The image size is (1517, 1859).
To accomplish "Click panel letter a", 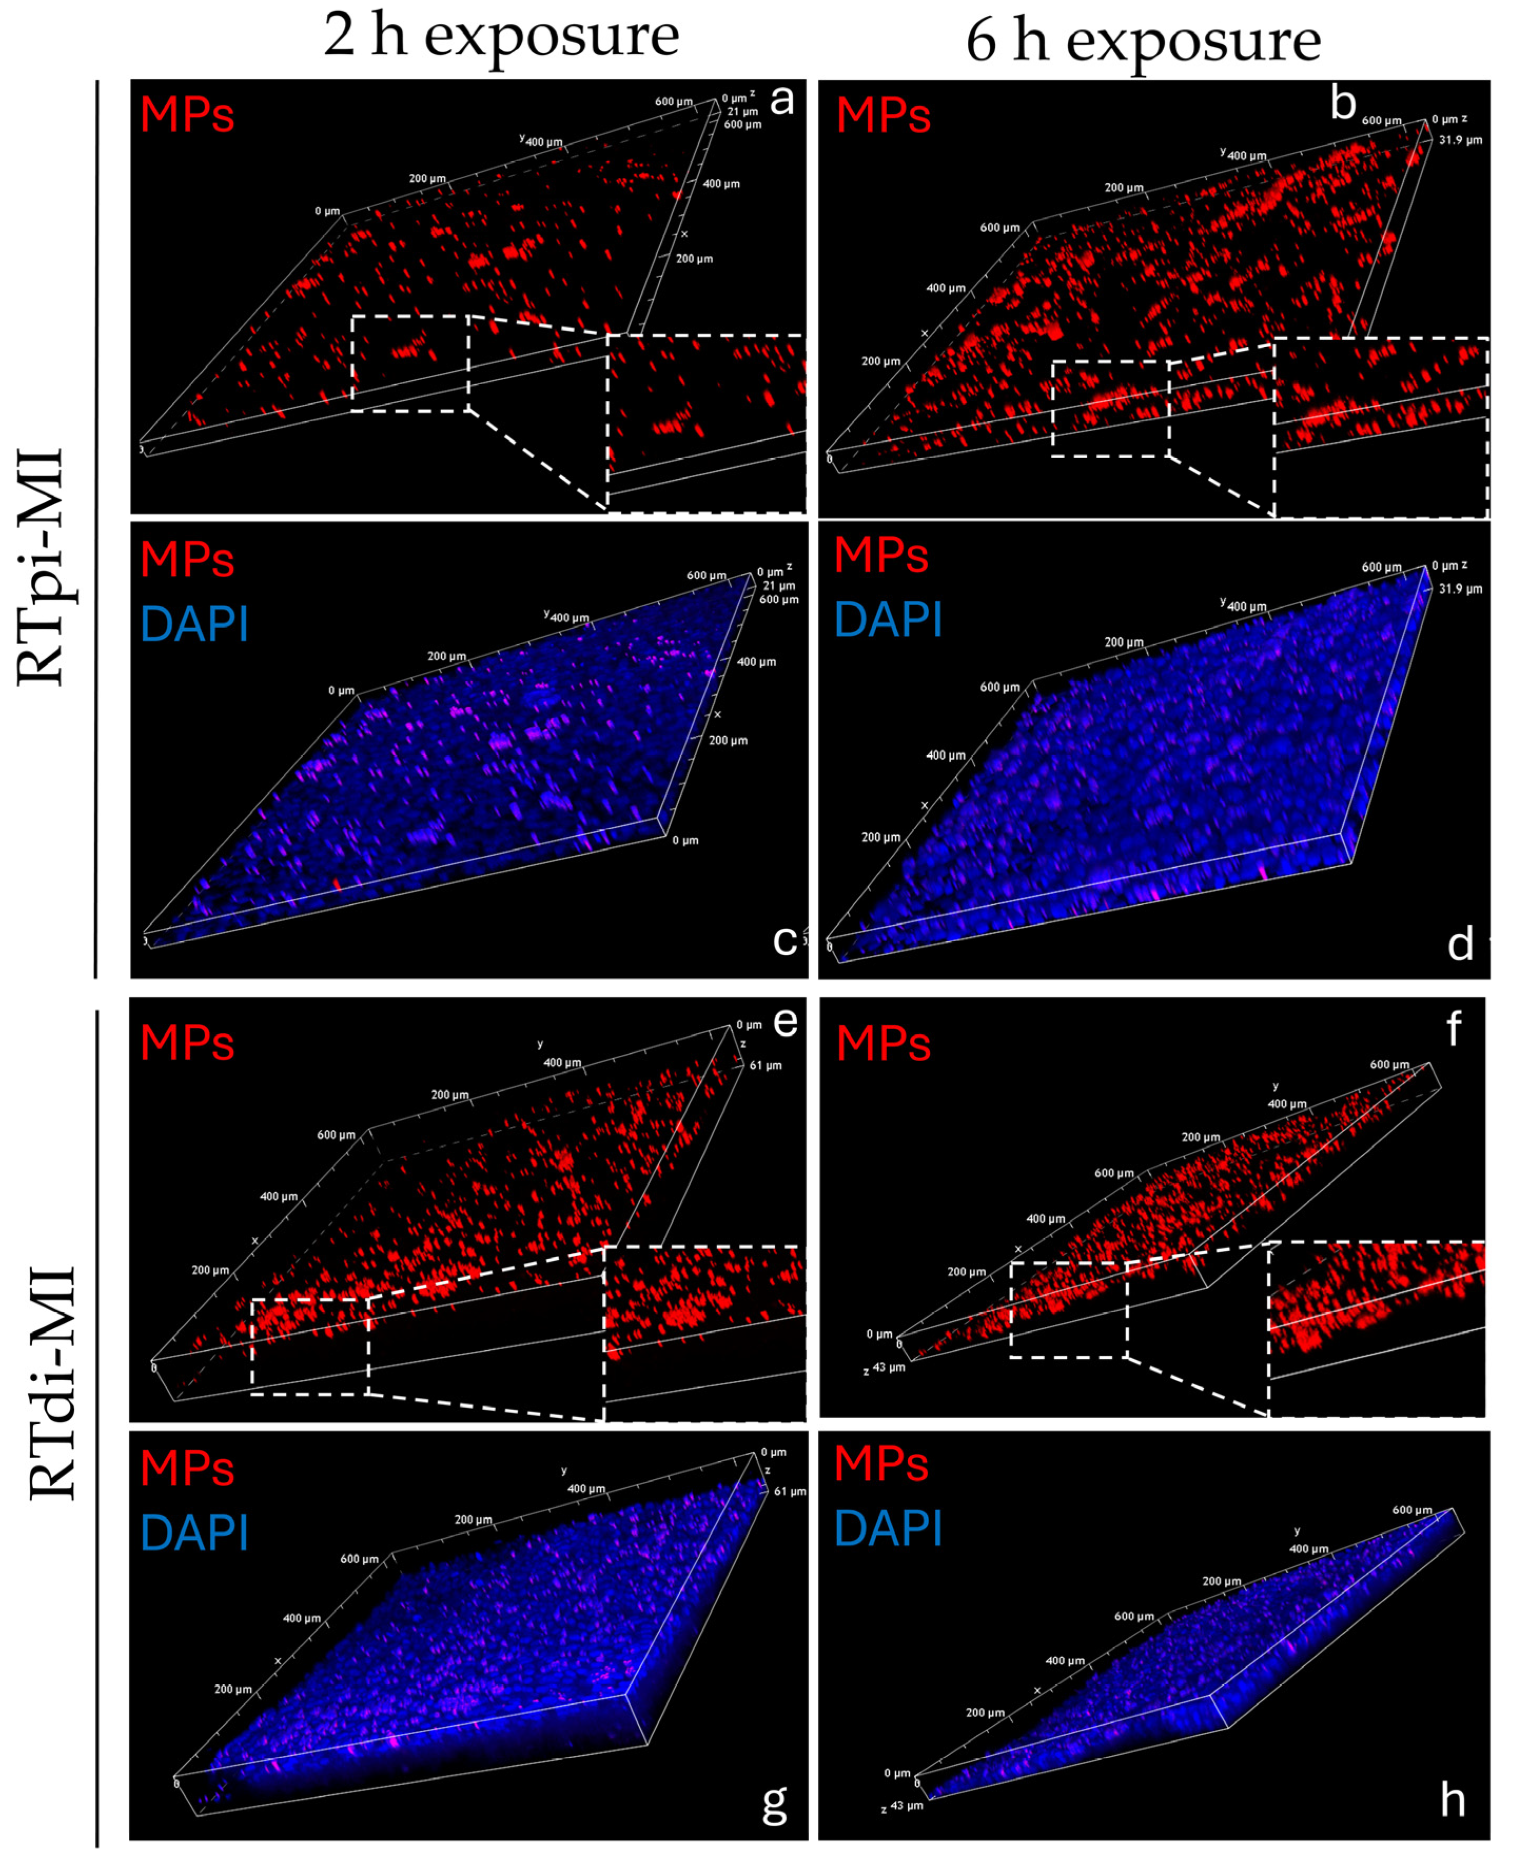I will [781, 102].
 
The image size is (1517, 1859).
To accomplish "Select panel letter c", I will [784, 941].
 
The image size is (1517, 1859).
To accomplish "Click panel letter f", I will [1453, 1029].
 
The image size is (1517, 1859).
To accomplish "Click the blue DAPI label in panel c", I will [194, 624].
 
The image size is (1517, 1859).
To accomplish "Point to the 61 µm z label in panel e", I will [766, 1065].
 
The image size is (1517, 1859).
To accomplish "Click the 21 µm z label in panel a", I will [743, 112].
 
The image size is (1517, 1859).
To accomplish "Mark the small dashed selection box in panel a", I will [411, 363].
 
